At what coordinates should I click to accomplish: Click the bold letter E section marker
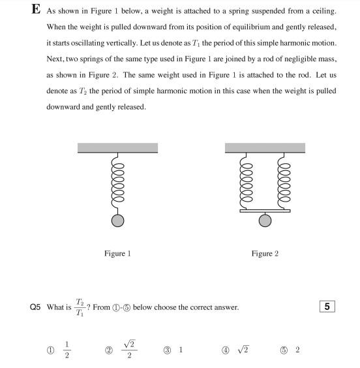coord(36,10)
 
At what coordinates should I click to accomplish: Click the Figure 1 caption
coord(117,253)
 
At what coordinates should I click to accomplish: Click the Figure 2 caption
coord(265,253)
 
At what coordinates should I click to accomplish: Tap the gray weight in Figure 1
coord(117,221)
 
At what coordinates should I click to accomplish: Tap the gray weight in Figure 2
coord(265,221)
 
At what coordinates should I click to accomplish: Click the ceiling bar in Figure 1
coord(117,148)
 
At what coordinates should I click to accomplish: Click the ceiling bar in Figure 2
coord(265,148)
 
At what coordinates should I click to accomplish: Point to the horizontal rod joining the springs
coord(265,211)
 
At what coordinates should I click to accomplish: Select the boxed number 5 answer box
coord(328,307)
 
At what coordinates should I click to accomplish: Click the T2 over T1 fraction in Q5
coord(80,307)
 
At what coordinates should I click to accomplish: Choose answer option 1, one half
coord(66,350)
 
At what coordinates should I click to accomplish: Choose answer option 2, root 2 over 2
coord(129,350)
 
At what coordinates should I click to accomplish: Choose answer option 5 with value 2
coord(297,350)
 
